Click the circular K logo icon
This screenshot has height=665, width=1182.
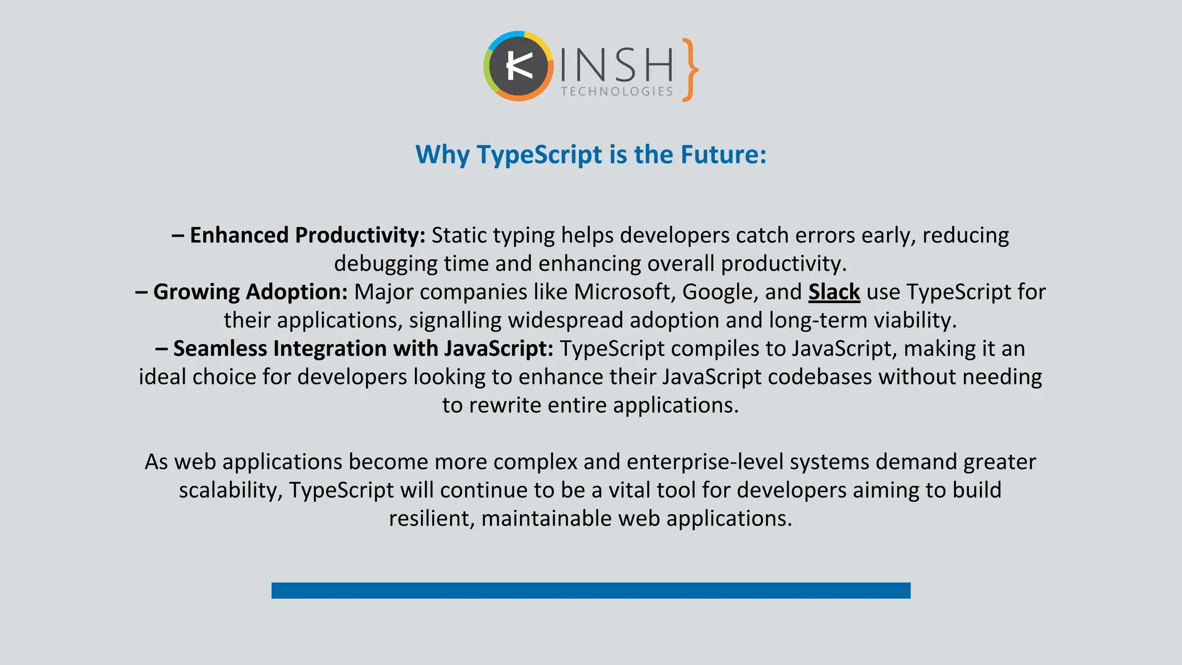point(518,66)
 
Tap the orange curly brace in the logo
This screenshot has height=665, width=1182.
point(689,70)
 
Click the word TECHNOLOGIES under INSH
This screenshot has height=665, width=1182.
point(617,92)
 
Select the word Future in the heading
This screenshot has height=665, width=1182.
point(723,155)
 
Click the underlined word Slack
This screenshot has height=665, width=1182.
point(834,292)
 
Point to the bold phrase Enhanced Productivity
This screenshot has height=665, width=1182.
point(307,236)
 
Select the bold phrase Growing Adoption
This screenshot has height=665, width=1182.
point(250,292)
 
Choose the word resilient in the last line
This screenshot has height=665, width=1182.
point(431,518)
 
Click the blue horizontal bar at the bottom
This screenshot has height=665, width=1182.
point(590,590)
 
